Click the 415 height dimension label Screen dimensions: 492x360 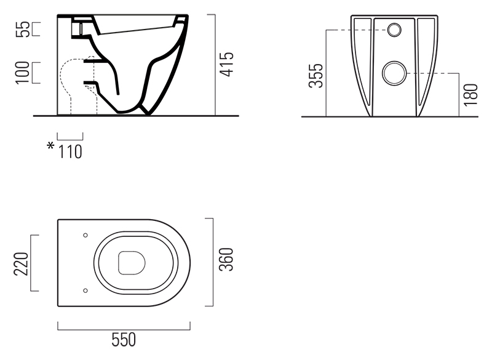[x=226, y=64]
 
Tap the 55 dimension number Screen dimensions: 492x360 [x=23, y=29]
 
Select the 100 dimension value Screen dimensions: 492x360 [x=23, y=73]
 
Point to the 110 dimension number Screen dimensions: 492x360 [x=70, y=152]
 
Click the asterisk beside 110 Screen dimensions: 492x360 [x=50, y=146]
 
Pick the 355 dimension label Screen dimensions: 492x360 [x=315, y=76]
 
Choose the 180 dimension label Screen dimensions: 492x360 [x=470, y=95]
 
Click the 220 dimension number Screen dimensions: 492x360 [x=21, y=263]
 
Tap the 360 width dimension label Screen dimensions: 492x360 [x=226, y=259]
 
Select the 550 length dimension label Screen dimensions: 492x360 [x=124, y=340]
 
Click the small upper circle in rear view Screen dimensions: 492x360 [x=394, y=30]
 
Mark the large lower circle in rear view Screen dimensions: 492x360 [x=394, y=73]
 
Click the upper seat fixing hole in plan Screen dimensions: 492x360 [x=85, y=235]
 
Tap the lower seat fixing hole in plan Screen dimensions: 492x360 [x=85, y=290]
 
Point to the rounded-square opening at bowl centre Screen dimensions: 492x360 [x=132, y=263]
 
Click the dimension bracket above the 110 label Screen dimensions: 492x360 [x=70, y=137]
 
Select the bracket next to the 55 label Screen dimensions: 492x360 [x=36, y=29]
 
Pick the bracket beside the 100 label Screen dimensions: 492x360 [x=36, y=73]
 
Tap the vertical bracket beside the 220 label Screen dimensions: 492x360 [x=34, y=263]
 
